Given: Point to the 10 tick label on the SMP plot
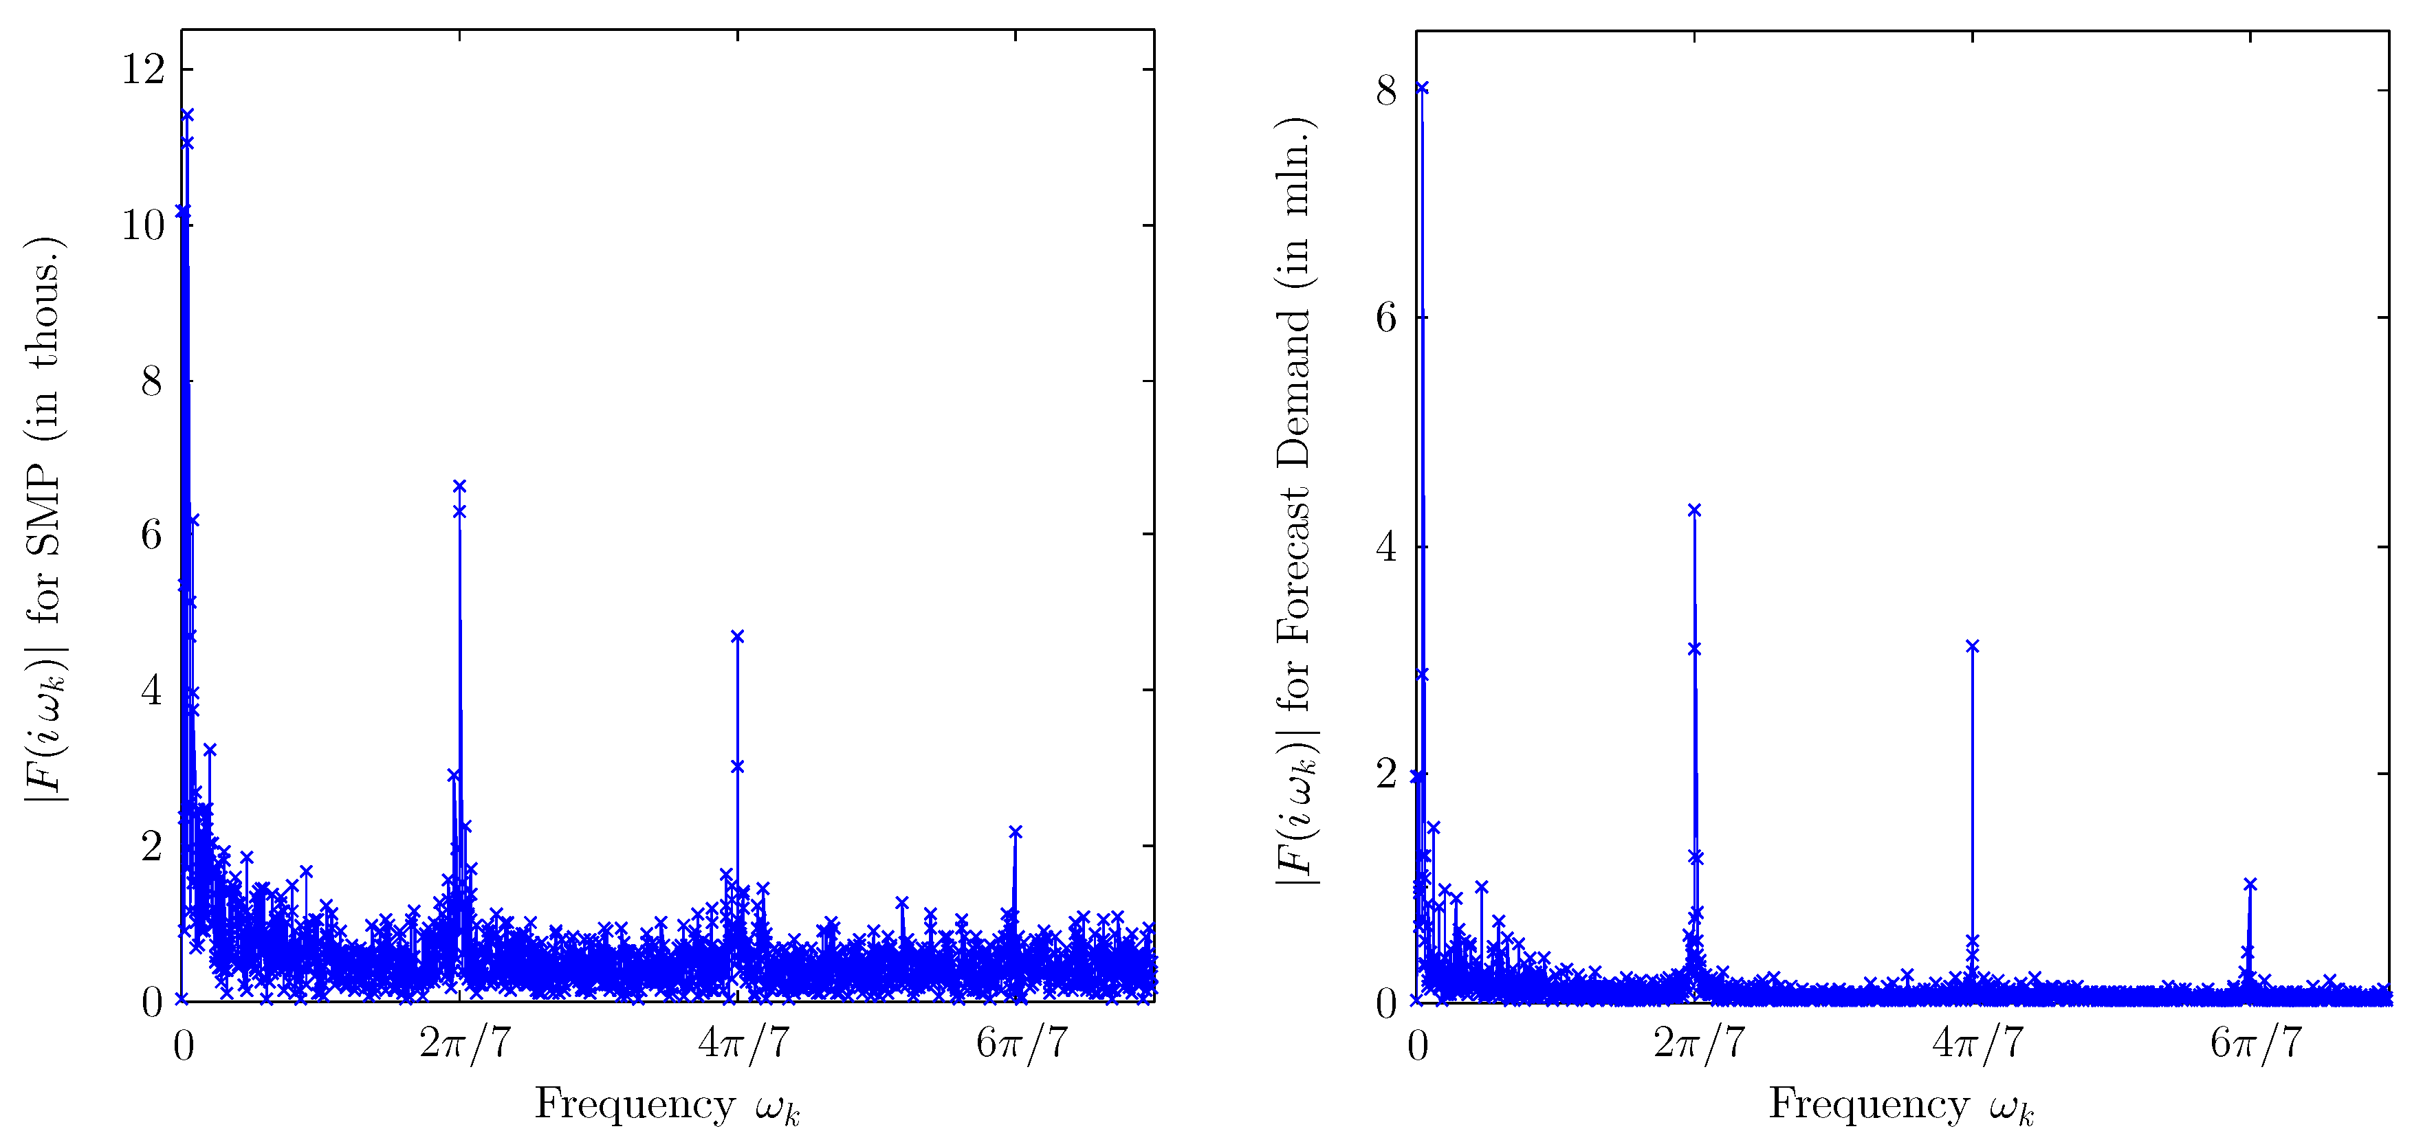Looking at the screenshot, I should click(143, 225).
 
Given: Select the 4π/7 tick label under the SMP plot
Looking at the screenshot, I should click(743, 1042).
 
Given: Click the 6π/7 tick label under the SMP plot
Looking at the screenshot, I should click(1022, 1042).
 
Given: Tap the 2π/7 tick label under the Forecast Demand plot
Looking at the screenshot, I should click(1700, 1042).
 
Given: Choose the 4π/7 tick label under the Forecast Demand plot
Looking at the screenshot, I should click(1977, 1042).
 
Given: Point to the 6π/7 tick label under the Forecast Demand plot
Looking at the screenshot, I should click(2256, 1042).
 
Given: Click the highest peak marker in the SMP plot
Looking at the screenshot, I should click(187, 115).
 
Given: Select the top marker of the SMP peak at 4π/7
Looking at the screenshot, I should click(737, 636).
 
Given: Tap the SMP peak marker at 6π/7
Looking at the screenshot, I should click(1015, 831).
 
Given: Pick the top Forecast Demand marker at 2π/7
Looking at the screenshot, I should click(1693, 510).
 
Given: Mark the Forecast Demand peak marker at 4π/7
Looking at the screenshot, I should click(1972, 646).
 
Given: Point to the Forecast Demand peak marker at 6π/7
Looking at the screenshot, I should click(2250, 884).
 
